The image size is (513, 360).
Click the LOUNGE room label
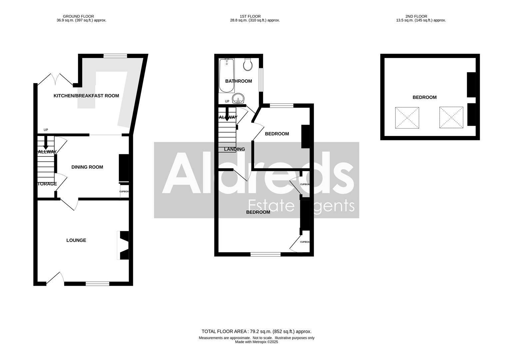[76, 240]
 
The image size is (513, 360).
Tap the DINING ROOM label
[87, 167]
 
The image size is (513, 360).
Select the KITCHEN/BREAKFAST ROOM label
[86, 96]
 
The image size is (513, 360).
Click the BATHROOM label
[239, 81]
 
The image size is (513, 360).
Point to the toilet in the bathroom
[248, 65]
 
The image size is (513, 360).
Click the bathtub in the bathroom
[227, 76]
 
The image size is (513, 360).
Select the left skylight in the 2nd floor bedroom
[407, 118]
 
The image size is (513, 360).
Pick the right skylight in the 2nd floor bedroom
[451, 117]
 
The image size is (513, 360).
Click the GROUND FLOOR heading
[78, 16]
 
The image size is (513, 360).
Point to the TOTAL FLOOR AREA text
[256, 331]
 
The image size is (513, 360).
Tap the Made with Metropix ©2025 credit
[256, 342]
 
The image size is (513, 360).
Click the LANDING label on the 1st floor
[235, 149]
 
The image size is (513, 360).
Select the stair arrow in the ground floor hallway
[46, 143]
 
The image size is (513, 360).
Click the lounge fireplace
[123, 245]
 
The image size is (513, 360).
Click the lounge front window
[97, 284]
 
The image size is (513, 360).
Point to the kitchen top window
[115, 56]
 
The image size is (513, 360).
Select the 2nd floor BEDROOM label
[424, 97]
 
